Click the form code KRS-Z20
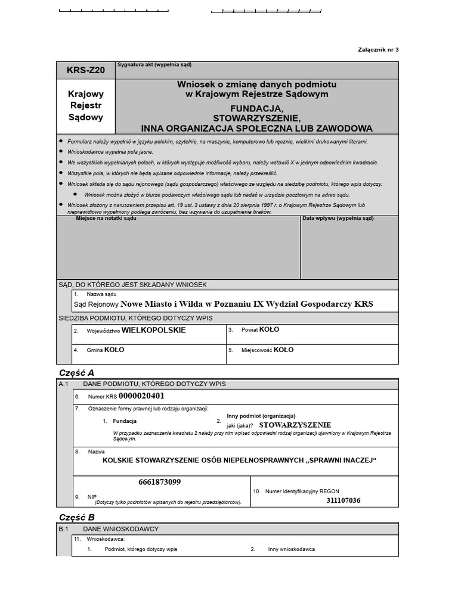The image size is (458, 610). pos(85,70)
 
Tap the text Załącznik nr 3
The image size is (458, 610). pos(378,49)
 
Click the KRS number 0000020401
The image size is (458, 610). pos(141,396)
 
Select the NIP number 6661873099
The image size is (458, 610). pos(159,482)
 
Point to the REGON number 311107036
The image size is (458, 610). pos(343,500)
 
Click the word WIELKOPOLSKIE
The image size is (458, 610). pos(153,330)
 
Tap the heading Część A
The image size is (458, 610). pos(76,372)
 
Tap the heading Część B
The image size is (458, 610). pos(76,517)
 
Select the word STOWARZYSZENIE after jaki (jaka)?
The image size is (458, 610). pos(295,425)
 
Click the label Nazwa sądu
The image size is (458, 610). pos(101,294)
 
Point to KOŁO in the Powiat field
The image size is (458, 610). pos(269,329)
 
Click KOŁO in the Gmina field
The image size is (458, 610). pos(114,350)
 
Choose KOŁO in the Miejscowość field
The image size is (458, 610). pos(283,350)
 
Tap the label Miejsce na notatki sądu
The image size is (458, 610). pos(106,219)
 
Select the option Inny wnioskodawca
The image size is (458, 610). pos(291,549)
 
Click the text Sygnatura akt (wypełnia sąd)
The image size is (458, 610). pos(154,65)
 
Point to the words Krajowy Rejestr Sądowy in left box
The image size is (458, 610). pos(85,105)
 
